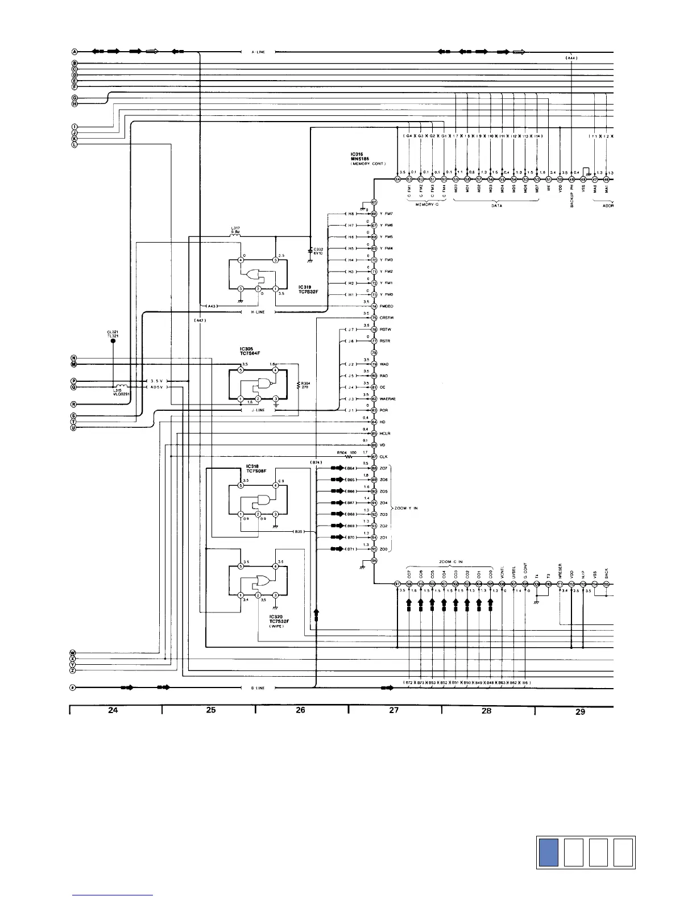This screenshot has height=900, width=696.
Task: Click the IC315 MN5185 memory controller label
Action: pos(368,159)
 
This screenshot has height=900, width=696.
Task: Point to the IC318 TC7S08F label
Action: pos(256,468)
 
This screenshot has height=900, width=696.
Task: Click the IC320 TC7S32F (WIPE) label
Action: pos(280,620)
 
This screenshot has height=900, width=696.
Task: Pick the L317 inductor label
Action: pos(235,230)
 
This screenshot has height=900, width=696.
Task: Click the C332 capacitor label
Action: pos(318,251)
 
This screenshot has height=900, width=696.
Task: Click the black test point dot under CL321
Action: pos(112,342)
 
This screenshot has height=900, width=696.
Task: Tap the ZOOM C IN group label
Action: pos(451,562)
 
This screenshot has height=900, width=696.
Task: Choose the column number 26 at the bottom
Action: pos(301,710)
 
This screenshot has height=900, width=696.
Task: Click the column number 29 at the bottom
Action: pos(580,711)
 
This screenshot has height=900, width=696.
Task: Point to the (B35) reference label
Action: pos(299,531)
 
